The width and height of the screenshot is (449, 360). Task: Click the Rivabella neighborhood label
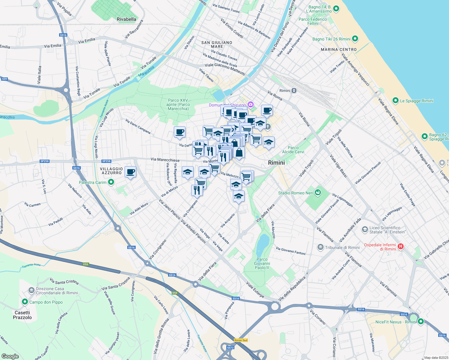[x=126, y=19]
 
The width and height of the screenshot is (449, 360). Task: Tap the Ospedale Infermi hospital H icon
[x=400, y=247]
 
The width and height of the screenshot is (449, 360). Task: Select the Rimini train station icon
[x=294, y=91]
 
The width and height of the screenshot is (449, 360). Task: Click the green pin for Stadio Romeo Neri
[x=318, y=193]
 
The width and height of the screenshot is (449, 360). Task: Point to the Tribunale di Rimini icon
[x=321, y=247]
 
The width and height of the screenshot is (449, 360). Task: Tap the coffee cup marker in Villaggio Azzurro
[x=130, y=172]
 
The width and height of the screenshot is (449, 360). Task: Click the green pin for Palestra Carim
[x=111, y=182]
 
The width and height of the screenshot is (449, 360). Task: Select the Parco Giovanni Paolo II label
[x=262, y=263]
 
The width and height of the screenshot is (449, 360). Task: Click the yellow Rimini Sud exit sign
[x=241, y=340]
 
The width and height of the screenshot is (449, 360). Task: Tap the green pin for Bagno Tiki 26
[x=355, y=39]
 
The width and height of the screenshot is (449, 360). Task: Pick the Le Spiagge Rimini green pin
[x=395, y=100]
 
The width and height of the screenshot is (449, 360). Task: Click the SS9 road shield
[x=4, y=79]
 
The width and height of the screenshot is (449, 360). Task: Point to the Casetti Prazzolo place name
[x=22, y=315]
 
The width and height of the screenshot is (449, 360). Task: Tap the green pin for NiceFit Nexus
[x=420, y=322]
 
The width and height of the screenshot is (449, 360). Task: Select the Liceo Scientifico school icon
[x=365, y=230]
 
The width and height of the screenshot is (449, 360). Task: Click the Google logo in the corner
[x=10, y=356]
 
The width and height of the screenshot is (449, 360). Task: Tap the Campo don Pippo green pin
[x=25, y=302]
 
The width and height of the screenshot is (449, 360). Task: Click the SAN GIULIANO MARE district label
[x=217, y=44]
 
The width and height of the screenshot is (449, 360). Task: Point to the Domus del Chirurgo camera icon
[x=250, y=105]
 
